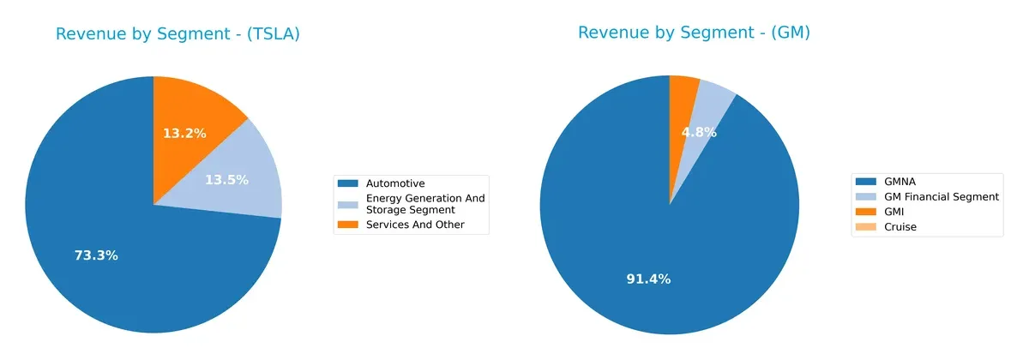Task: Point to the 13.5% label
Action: [226, 180]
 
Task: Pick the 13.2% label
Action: [184, 133]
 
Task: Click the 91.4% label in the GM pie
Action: [649, 279]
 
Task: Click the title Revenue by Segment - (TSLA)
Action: [178, 34]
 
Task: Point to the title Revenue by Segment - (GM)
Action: [694, 33]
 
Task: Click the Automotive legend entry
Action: [394, 183]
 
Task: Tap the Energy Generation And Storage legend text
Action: [425, 204]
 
